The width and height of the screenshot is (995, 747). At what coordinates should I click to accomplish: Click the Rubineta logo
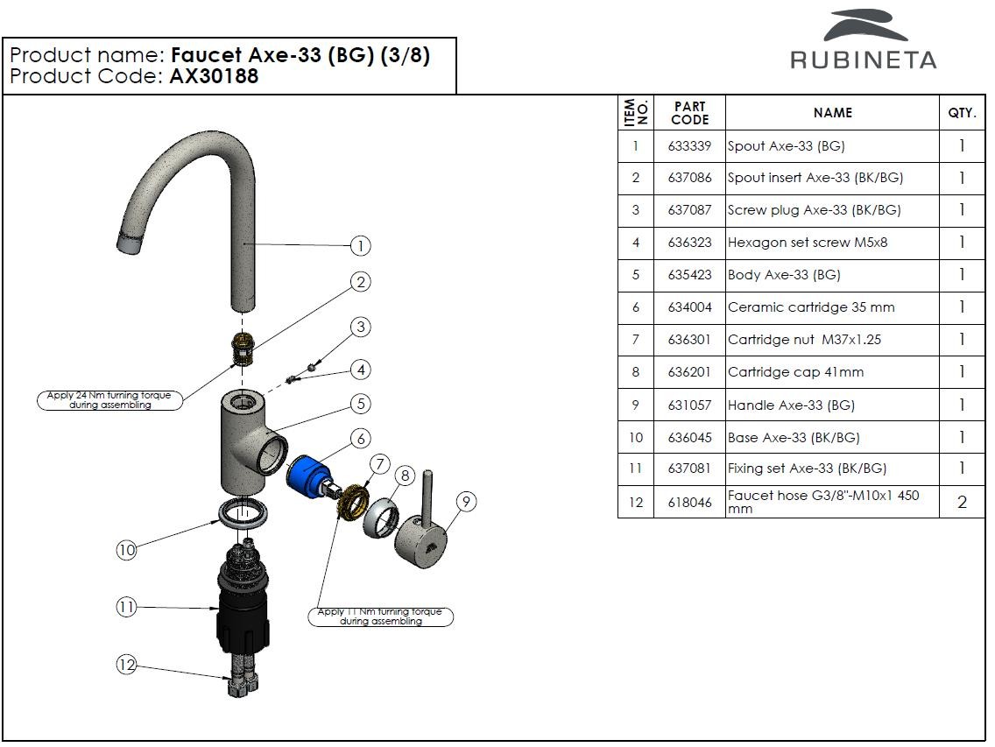pyautogui.click(x=863, y=40)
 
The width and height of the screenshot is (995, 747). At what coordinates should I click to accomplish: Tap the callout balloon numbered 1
pyautogui.click(x=360, y=246)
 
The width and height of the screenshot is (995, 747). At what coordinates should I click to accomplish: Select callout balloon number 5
pyautogui.click(x=360, y=404)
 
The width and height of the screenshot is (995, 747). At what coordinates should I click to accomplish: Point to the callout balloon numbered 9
pyautogui.click(x=466, y=502)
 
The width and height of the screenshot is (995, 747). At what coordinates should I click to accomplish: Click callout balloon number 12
pyautogui.click(x=127, y=666)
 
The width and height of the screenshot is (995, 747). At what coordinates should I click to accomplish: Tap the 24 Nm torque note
pyautogui.click(x=110, y=400)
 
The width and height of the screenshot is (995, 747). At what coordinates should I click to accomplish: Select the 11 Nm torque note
pyautogui.click(x=380, y=617)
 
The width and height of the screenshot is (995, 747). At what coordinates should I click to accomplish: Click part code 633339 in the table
pyautogui.click(x=689, y=146)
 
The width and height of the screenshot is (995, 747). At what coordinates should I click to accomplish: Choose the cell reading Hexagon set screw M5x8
pyautogui.click(x=807, y=243)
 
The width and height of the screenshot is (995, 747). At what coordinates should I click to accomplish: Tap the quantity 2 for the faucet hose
pyautogui.click(x=962, y=502)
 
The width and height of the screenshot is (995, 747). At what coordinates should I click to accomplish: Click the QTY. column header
pyautogui.click(x=962, y=113)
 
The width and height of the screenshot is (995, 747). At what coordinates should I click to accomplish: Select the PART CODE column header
pyautogui.click(x=689, y=113)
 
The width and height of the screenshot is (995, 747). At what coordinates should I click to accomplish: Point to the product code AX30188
pyautogui.click(x=214, y=76)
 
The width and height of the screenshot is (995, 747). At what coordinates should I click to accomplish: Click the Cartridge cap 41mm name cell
pyautogui.click(x=795, y=372)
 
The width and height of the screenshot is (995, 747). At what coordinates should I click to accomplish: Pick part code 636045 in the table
pyautogui.click(x=689, y=437)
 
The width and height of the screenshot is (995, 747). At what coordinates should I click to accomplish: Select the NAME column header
pyautogui.click(x=832, y=113)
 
